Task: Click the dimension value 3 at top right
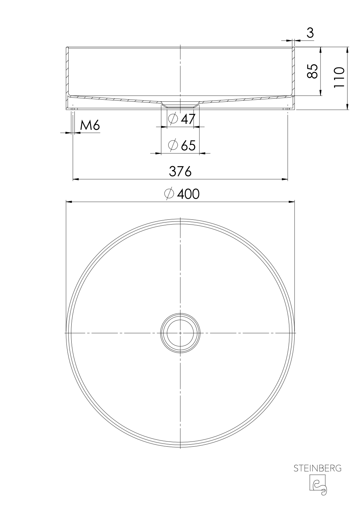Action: [310, 33]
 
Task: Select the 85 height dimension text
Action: [312, 71]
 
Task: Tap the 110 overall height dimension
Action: [339, 78]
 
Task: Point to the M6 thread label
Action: [90, 126]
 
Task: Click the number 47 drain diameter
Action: [188, 119]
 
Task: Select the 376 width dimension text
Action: [180, 171]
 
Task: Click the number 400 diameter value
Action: [188, 194]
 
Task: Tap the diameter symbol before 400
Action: [169, 194]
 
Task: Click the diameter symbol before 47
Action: [173, 119]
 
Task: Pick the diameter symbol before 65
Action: [173, 145]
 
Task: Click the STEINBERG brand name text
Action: [317, 469]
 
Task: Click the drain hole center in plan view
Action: [180, 333]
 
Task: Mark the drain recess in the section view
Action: [180, 104]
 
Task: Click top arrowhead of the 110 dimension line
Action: [347, 49]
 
